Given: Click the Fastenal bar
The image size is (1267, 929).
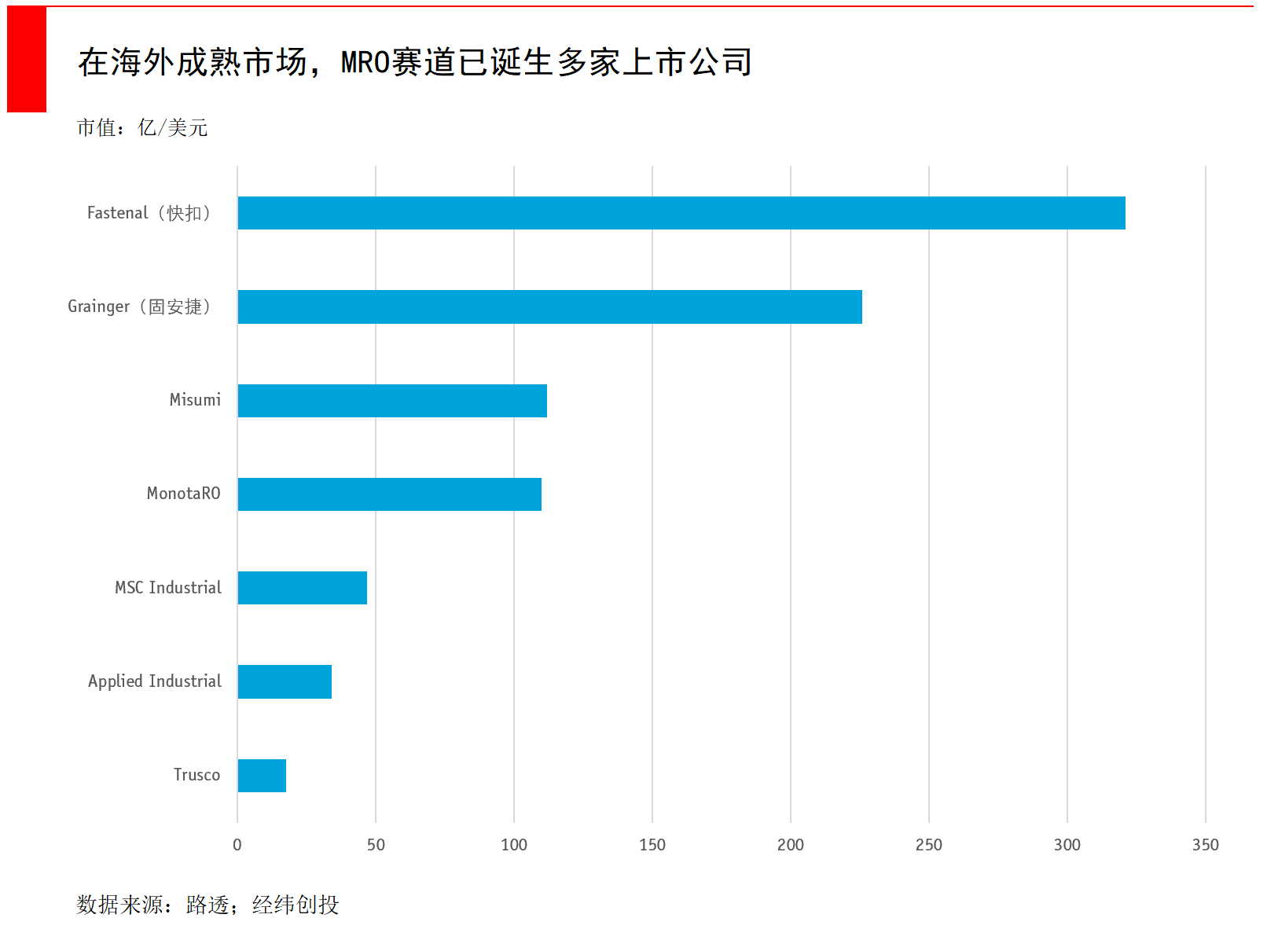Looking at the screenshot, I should click(681, 213).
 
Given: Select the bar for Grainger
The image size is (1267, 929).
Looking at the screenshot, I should click(549, 307).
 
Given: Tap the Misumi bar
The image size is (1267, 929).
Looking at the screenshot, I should click(392, 401).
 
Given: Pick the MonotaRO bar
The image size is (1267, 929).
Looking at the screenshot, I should click(390, 494).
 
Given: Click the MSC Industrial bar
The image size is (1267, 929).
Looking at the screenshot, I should click(303, 588).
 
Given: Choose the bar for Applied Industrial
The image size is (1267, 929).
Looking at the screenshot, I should click(285, 681).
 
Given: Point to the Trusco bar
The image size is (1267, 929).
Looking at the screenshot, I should click(262, 776).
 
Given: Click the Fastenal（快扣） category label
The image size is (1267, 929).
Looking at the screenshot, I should click(149, 213).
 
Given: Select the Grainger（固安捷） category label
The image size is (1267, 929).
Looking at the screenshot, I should click(140, 307).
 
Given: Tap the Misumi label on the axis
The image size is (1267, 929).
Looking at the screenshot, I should click(195, 400).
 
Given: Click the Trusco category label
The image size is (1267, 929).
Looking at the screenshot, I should click(196, 775).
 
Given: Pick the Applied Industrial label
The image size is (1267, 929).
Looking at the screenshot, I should click(155, 681).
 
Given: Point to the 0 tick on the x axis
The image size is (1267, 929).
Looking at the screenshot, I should click(237, 845).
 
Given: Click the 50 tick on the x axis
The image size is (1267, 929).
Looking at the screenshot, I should click(376, 845).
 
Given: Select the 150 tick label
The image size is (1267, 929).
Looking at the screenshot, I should click(652, 845).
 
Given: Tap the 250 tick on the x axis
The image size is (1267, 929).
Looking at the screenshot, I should click(929, 845).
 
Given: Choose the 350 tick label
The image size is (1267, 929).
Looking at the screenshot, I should click(1206, 845).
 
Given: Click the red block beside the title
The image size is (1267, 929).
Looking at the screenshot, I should click(27, 59).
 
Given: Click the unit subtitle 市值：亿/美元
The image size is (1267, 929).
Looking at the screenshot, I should click(142, 127).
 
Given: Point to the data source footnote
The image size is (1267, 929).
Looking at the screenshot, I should click(207, 905).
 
